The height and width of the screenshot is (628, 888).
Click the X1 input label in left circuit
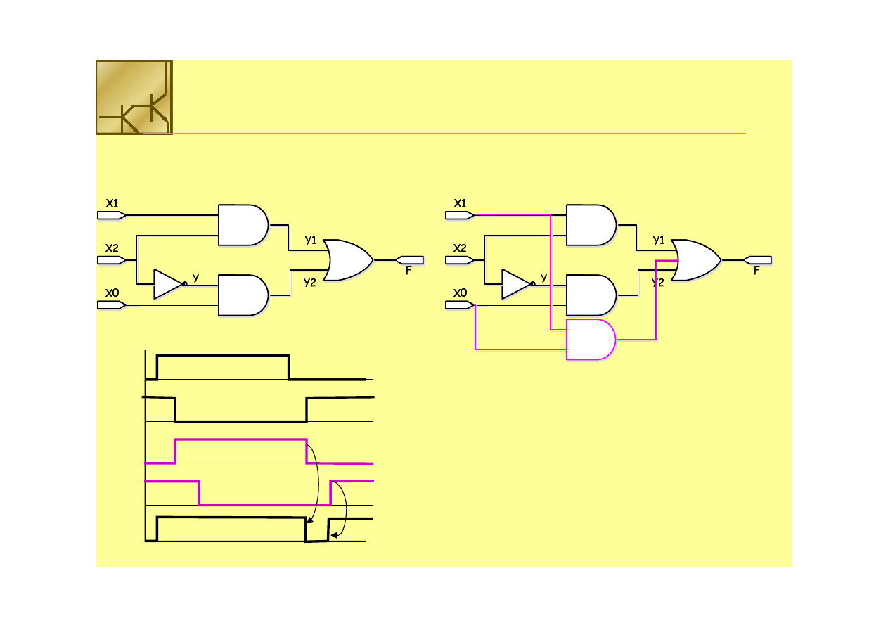111,203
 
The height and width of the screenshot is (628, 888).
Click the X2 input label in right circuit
460,248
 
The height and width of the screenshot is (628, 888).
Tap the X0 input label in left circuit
111,293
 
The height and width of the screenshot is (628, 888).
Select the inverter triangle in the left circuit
168,283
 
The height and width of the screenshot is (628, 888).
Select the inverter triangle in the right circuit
516,283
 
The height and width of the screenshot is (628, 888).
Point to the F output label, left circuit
408,270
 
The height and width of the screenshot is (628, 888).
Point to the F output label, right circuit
757,270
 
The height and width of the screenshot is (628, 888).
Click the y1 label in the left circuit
311,240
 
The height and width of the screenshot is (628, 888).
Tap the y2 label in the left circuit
310,282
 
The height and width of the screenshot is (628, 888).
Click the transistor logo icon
134,97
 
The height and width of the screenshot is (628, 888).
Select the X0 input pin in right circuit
460,305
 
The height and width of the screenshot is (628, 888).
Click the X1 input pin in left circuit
111,215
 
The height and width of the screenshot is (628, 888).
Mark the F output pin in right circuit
757,260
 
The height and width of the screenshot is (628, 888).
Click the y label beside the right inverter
543,278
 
